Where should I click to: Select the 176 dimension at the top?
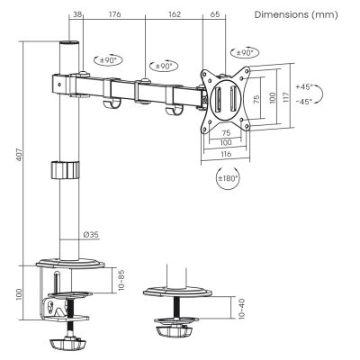pyautogui.click(x=114, y=14)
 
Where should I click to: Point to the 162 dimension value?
pyautogui.click(x=174, y=14)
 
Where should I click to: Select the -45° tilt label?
pyautogui.click(x=303, y=101)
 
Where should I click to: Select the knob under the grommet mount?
pyautogui.click(x=176, y=331)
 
